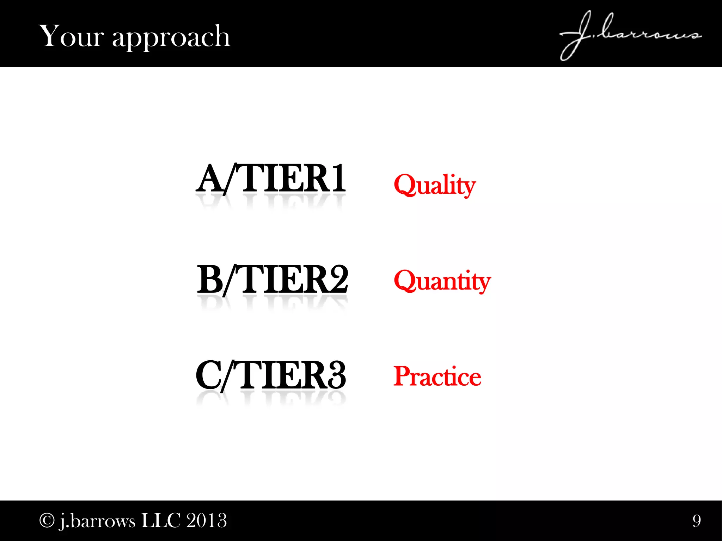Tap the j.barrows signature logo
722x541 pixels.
pos(630,35)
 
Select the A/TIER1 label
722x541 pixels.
pos(271,179)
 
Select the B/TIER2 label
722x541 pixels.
pos(272,280)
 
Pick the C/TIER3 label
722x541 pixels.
pos(271,375)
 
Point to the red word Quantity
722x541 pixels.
pos(442,281)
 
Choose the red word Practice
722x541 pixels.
pos(437,377)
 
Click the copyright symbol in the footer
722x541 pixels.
pos(46,520)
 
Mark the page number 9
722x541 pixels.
pos(697,521)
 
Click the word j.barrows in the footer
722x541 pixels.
pos(97,521)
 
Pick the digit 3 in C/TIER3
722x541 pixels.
pos(337,375)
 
